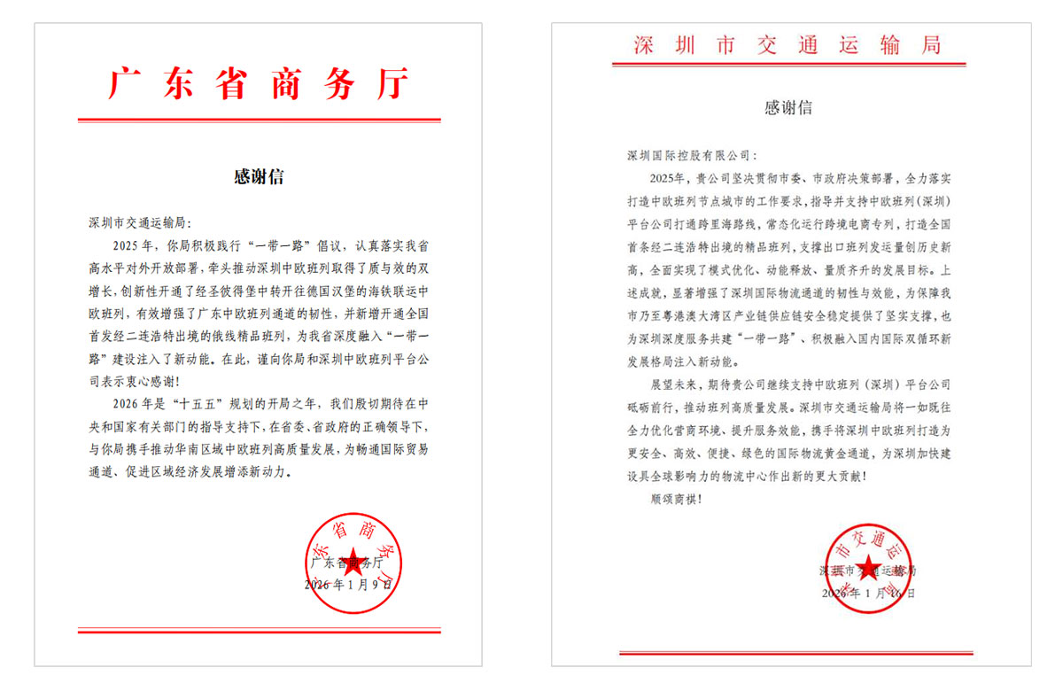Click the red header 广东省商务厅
pyautogui.click(x=259, y=83)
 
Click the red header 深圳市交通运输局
pyautogui.click(x=788, y=44)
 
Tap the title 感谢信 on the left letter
pyautogui.click(x=259, y=176)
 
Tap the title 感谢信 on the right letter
pyautogui.click(x=788, y=108)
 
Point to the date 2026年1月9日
pyautogui.click(x=347, y=585)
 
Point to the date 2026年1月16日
pyautogui.click(x=868, y=592)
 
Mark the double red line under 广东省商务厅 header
pyautogui.click(x=259, y=120)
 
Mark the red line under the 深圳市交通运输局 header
pyautogui.click(x=788, y=65)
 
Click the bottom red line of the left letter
pyautogui.click(x=259, y=631)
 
